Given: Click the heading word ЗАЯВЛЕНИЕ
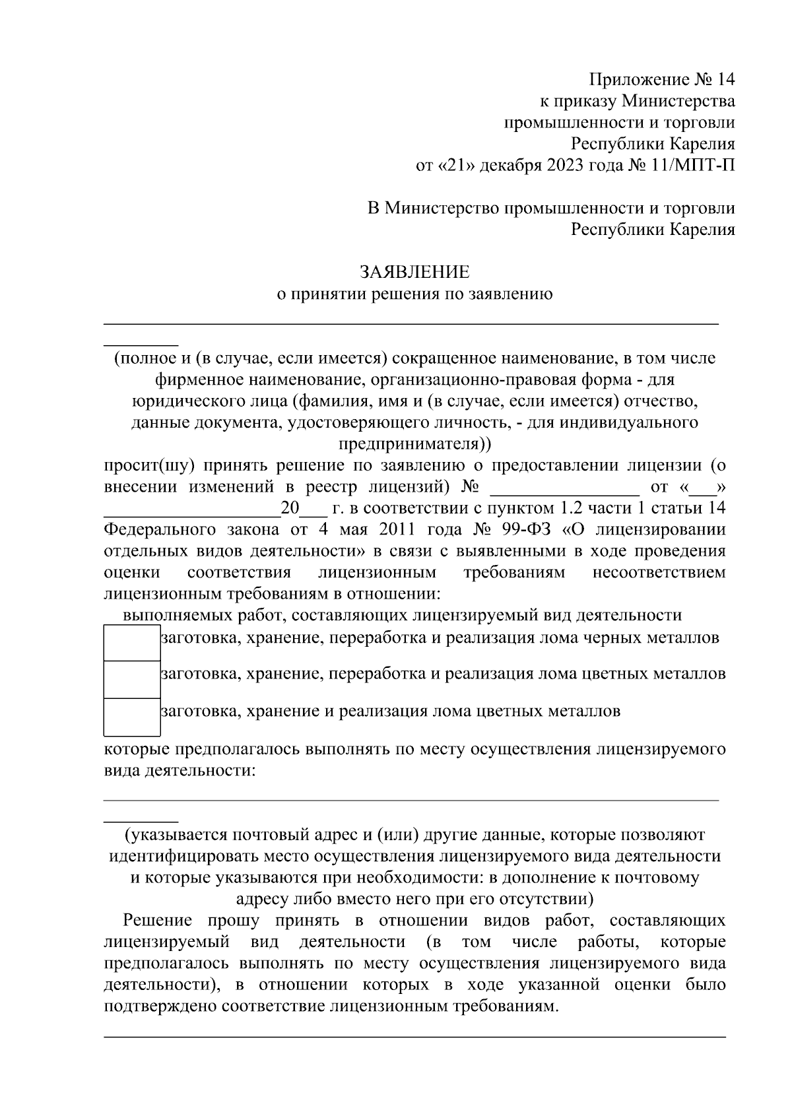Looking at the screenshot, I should (414, 272).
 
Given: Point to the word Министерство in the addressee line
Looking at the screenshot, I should (442, 209).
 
